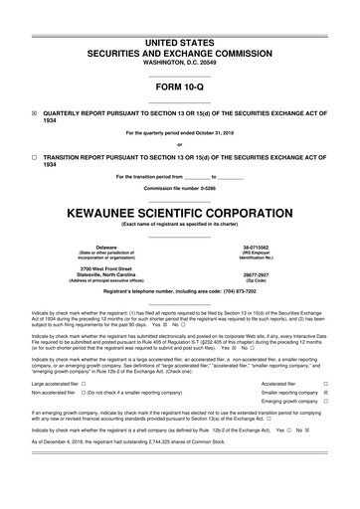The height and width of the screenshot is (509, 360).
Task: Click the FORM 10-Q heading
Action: point(180,87)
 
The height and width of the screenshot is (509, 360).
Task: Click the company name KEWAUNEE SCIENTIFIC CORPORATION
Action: point(180,213)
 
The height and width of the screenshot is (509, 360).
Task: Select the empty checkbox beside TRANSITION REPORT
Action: point(35,157)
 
